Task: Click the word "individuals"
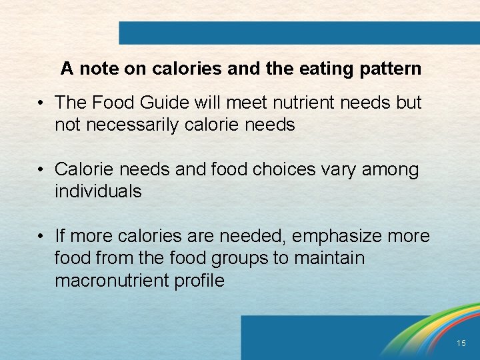(x=98, y=191)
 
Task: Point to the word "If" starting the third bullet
(x=59, y=236)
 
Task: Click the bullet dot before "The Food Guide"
(x=41, y=103)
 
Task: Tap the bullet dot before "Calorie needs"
(x=41, y=170)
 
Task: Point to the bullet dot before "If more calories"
(x=41, y=237)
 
